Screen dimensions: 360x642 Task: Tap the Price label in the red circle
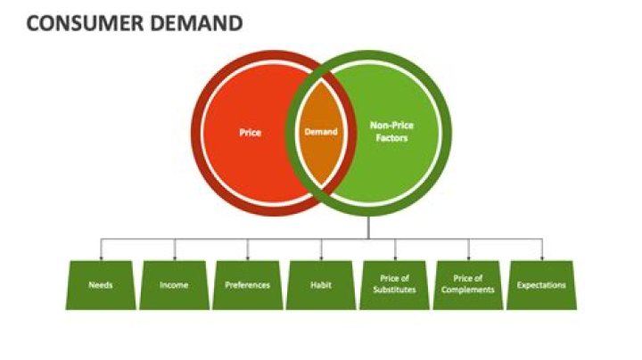click(x=251, y=132)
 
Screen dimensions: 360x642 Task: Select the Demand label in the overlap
click(x=321, y=132)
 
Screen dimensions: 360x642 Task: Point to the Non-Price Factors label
click(x=391, y=132)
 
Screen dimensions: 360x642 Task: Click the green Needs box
click(x=100, y=285)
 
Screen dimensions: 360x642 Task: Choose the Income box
click(x=174, y=285)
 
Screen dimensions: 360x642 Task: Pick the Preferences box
click(x=248, y=285)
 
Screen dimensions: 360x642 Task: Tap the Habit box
click(x=321, y=285)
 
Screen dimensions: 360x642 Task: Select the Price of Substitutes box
click(x=394, y=285)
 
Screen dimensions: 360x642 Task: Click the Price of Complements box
click(x=468, y=285)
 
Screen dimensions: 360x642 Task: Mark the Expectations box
click(x=542, y=285)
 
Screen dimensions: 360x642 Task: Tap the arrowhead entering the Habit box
click(x=321, y=258)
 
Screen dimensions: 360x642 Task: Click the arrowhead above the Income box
click(x=174, y=258)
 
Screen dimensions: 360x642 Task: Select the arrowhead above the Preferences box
click(x=248, y=258)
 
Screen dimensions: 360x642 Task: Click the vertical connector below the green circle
click(x=368, y=228)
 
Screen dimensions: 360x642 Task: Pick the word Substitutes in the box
click(x=394, y=290)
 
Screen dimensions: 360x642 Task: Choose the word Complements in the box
click(x=468, y=290)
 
